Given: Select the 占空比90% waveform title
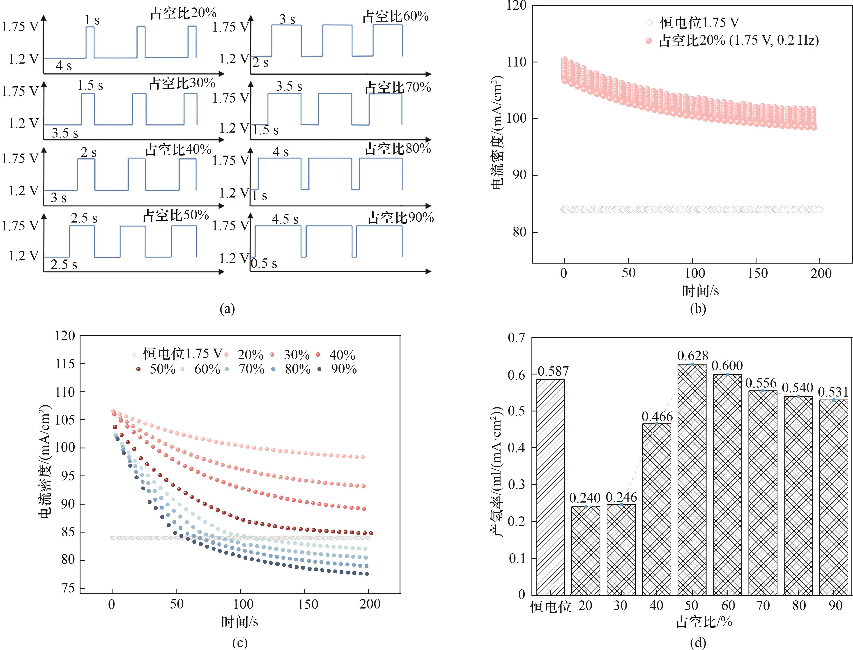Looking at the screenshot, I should (x=400, y=218).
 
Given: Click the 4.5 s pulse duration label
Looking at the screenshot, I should (x=285, y=219).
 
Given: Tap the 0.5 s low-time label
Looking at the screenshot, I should (x=264, y=264).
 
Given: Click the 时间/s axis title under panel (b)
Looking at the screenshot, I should (x=700, y=291).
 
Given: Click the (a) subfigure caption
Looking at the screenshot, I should (x=227, y=308).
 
